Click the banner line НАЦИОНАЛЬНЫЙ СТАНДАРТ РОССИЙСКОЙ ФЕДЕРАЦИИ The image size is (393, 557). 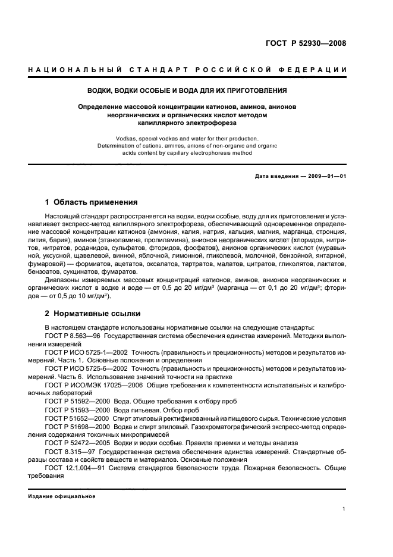point(187,70)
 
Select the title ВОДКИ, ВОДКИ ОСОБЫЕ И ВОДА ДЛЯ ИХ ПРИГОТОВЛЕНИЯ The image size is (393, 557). point(187,91)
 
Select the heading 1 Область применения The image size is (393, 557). point(91,202)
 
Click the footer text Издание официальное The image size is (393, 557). point(62,496)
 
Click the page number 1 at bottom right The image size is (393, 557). point(344,509)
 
